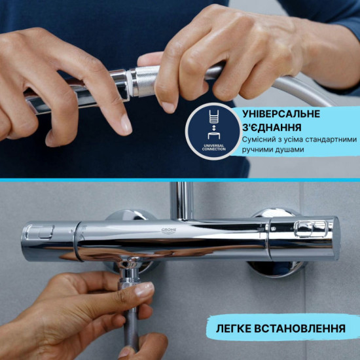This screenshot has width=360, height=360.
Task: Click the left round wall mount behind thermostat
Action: pyautogui.click(x=124, y=216)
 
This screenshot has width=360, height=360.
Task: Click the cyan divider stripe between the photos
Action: pyautogui.click(x=180, y=179)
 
